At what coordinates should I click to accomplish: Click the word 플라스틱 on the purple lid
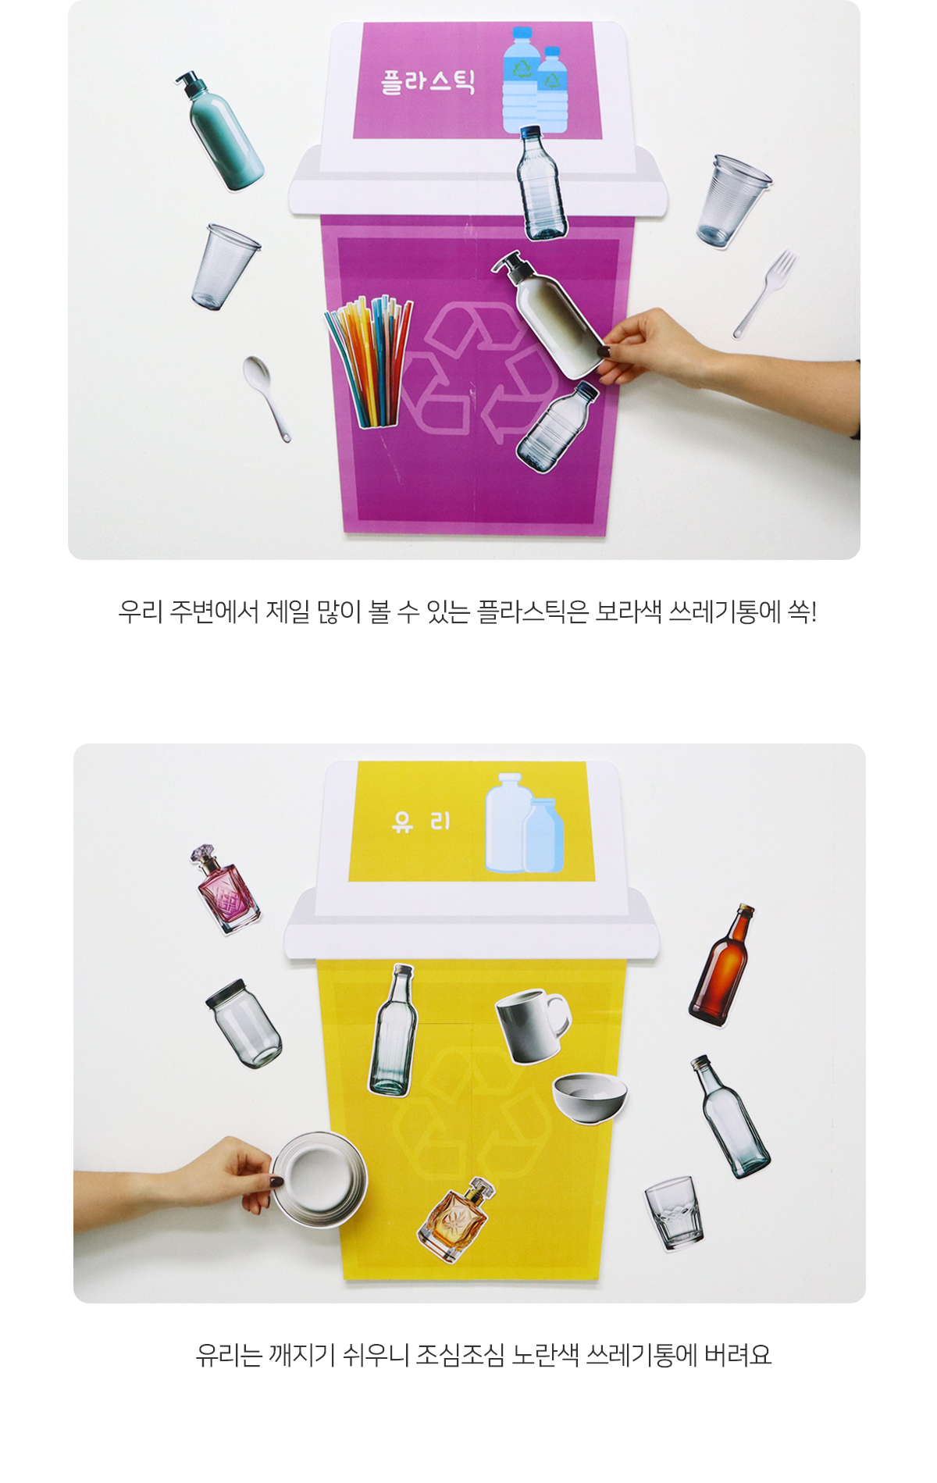(x=427, y=81)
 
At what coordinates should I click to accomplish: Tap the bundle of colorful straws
(x=369, y=362)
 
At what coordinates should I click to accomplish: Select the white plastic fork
(x=764, y=294)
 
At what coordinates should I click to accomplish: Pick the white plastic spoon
(x=266, y=398)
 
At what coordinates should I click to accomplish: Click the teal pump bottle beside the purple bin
(x=219, y=131)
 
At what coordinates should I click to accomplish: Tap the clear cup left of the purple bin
(x=224, y=266)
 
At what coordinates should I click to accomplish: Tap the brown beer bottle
(x=723, y=965)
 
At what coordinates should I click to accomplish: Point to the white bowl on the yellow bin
(x=590, y=1098)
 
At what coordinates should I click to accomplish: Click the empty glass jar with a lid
(x=244, y=1023)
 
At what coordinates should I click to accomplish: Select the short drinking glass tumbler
(x=674, y=1212)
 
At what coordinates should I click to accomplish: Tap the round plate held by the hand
(x=319, y=1180)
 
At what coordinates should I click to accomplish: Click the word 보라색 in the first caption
(x=628, y=611)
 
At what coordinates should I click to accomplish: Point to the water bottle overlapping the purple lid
(x=541, y=184)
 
